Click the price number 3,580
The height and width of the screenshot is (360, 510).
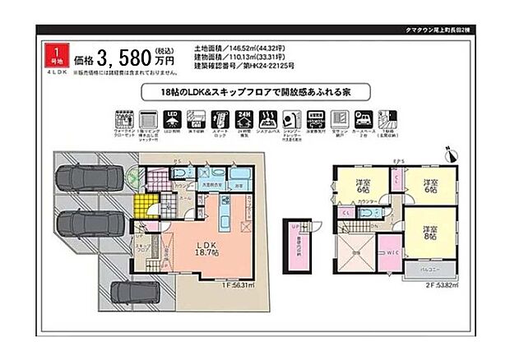coord(124,58)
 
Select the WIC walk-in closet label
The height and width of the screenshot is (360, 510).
coord(391,253)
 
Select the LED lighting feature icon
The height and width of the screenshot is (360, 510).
coord(172,118)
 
